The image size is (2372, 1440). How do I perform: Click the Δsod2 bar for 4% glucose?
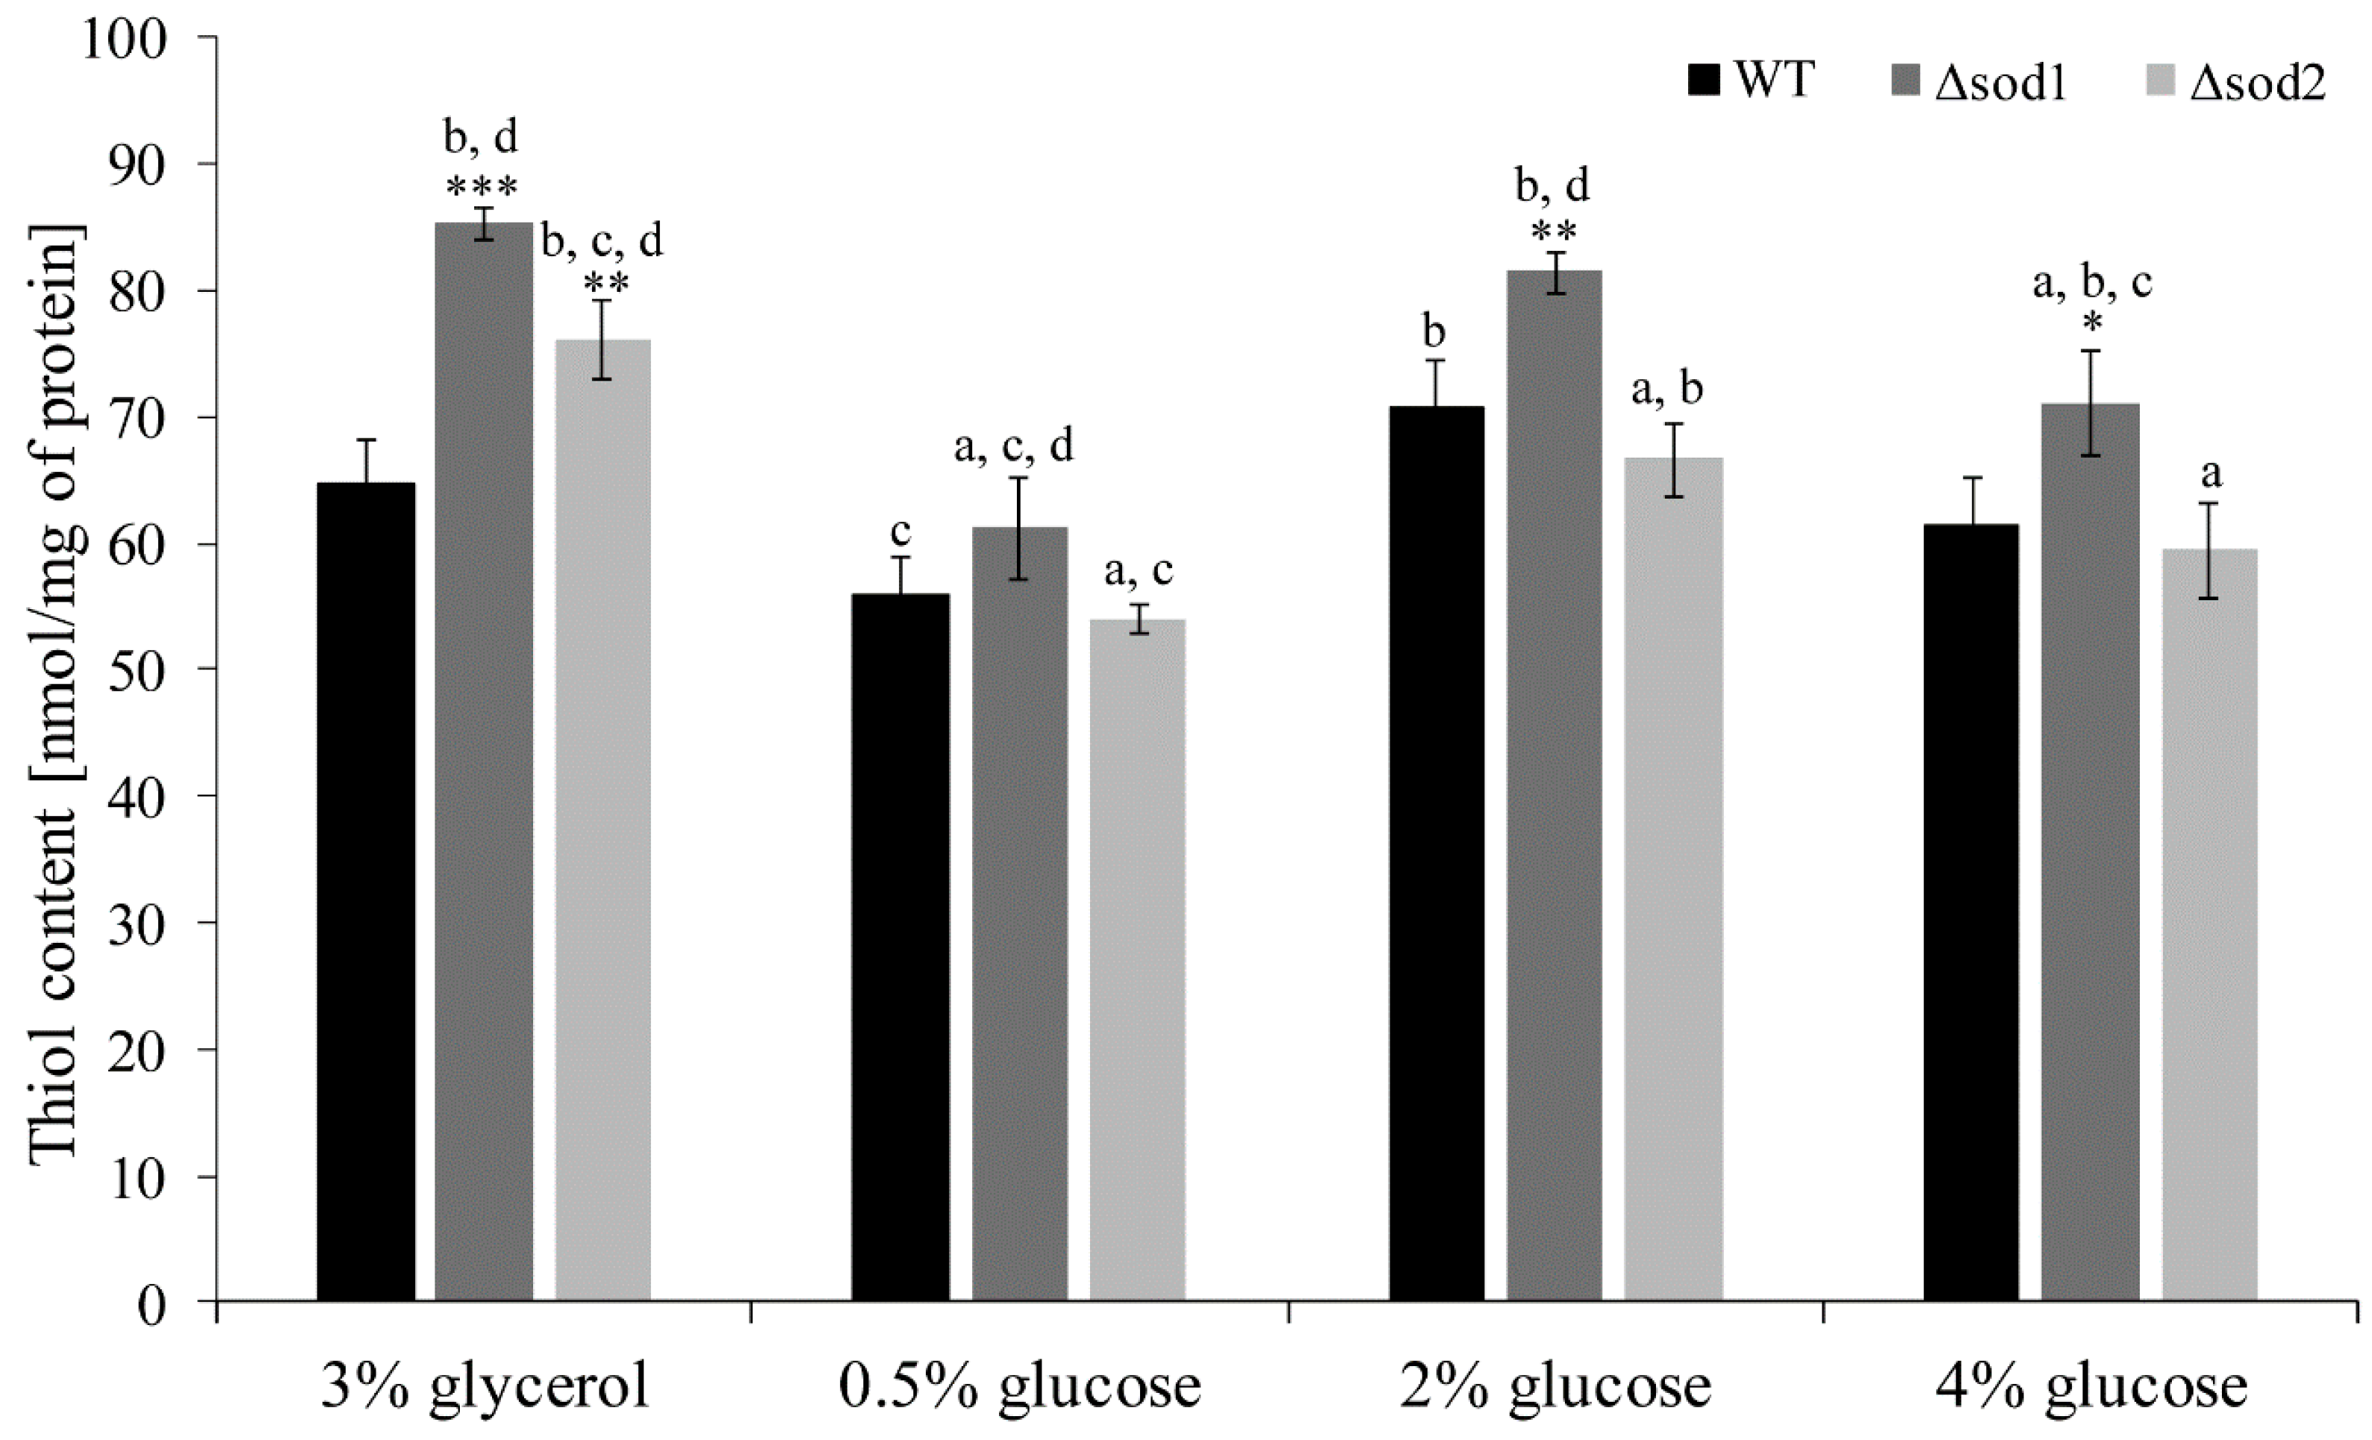pyautogui.click(x=2209, y=924)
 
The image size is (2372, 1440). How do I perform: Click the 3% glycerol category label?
pyautogui.click(x=485, y=1387)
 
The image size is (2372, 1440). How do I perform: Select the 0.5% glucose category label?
pyautogui.click(x=1021, y=1387)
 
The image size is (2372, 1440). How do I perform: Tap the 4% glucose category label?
pyautogui.click(x=2090, y=1387)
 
